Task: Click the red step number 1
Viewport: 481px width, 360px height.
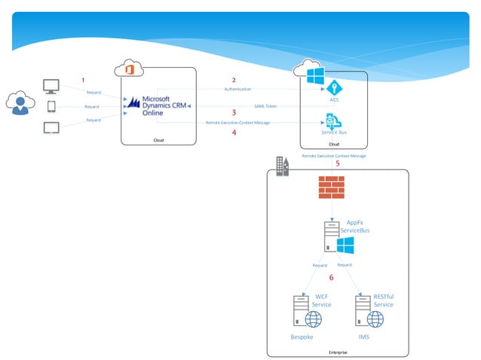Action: tap(84, 80)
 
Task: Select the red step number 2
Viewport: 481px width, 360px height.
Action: tap(234, 80)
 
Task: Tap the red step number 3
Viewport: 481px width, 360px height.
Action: tap(234, 112)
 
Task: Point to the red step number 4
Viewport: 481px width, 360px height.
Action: tap(234, 132)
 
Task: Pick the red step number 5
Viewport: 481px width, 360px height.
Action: tap(337, 163)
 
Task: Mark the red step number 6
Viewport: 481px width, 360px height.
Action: tap(331, 278)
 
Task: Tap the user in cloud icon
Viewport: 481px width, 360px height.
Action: tap(20, 104)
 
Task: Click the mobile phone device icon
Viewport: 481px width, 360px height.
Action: tap(52, 107)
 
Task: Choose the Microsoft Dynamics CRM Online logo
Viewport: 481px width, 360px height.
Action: tap(159, 105)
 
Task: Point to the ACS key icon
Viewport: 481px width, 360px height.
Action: tap(334, 87)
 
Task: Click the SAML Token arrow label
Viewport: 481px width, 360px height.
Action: tap(265, 106)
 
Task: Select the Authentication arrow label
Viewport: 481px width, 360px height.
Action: tap(237, 90)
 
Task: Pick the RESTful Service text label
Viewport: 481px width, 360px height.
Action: tap(383, 301)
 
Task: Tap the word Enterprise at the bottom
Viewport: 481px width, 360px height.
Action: tap(338, 352)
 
